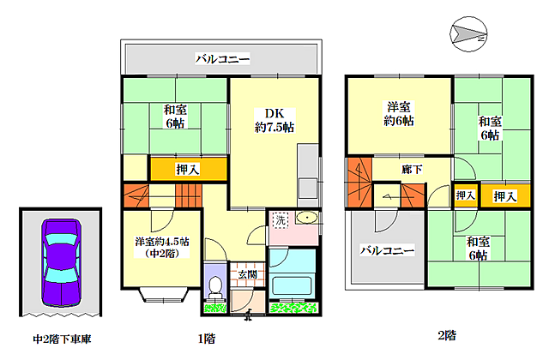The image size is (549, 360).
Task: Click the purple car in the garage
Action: pyautogui.click(x=62, y=263)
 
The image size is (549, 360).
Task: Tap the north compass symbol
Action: pyautogui.click(x=468, y=34)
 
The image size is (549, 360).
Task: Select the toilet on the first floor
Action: pyautogui.click(x=215, y=288)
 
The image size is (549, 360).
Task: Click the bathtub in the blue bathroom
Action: pyautogui.click(x=292, y=285)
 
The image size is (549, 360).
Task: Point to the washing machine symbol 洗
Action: pyautogui.click(x=281, y=220)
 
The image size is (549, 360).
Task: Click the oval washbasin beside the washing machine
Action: pyautogui.click(x=307, y=218)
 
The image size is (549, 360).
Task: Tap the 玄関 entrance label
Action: pyautogui.click(x=248, y=274)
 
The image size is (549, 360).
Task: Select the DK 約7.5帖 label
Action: pyautogui.click(x=274, y=120)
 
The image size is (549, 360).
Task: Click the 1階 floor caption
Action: pyautogui.click(x=207, y=339)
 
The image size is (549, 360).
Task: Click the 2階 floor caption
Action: pyautogui.click(x=447, y=335)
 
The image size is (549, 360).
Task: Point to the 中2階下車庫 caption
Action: pyautogui.click(x=63, y=339)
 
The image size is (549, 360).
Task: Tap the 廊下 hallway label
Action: pyautogui.click(x=412, y=170)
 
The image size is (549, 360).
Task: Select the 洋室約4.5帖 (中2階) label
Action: pyautogui.click(x=162, y=248)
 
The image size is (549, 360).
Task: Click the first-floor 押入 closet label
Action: pyautogui.click(x=188, y=170)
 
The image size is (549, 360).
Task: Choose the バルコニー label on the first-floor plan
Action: pyautogui.click(x=223, y=58)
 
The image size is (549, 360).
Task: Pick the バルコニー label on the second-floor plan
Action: pyautogui.click(x=387, y=250)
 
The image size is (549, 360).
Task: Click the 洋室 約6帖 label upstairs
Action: pyautogui.click(x=398, y=114)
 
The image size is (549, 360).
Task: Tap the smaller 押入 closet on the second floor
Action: pyautogui.click(x=466, y=195)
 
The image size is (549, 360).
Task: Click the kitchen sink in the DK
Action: pyautogui.click(x=308, y=189)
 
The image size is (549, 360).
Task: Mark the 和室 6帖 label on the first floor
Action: pyautogui.click(x=175, y=117)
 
